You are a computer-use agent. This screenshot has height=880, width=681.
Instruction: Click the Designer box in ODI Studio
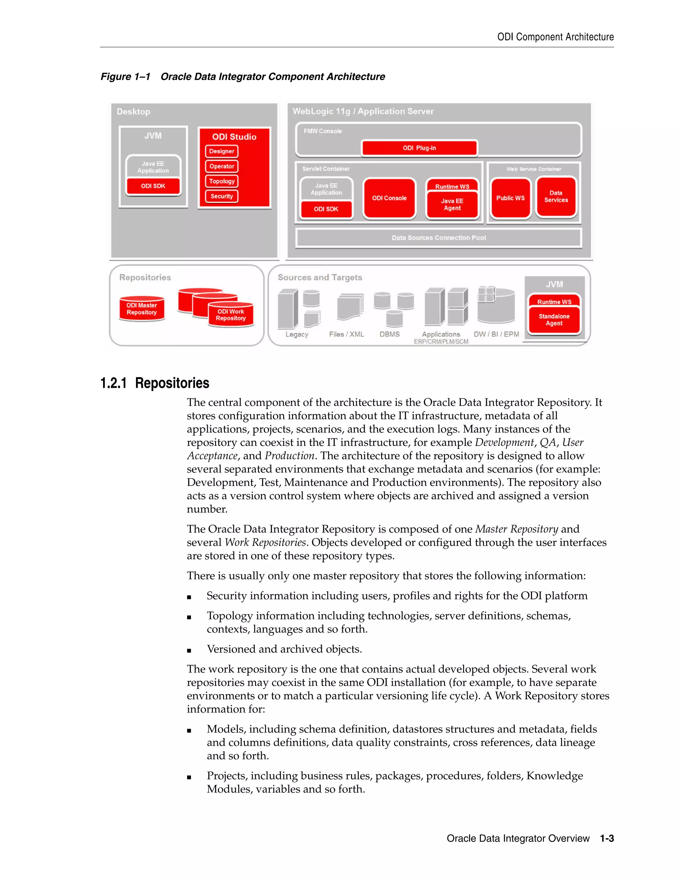pos(221,151)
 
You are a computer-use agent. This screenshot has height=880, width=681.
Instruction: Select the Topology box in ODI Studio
pos(221,181)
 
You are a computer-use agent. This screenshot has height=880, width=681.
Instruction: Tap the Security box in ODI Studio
pos(221,196)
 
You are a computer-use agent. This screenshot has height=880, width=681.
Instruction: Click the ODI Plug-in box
pos(419,148)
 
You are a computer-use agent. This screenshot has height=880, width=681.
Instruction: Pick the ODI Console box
pos(389,198)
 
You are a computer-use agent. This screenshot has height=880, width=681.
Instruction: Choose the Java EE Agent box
pos(452,205)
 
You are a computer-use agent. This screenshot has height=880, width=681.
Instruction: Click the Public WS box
pos(510,198)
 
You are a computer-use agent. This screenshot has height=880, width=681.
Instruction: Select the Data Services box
pos(556,197)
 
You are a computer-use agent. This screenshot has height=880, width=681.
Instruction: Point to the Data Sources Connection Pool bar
pos(439,238)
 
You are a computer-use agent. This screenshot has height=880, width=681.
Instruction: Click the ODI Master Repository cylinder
pos(142,309)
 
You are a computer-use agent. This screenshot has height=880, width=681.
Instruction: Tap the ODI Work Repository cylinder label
pos(231,315)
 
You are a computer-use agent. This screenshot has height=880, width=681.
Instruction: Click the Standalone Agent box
pos(554,320)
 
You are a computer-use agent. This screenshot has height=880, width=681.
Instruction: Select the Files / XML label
pos(346,334)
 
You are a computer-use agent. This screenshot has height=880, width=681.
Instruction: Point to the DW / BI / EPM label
pos(496,334)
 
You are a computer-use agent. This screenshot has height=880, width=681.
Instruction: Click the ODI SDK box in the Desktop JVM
pos(153,186)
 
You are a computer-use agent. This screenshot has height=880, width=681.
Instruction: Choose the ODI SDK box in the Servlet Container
pos(326,209)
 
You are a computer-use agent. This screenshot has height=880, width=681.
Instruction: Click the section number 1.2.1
pos(113,383)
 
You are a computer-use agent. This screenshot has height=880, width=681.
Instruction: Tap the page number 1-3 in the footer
pos(607,838)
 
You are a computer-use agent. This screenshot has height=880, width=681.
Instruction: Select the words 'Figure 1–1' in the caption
pos(125,77)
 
